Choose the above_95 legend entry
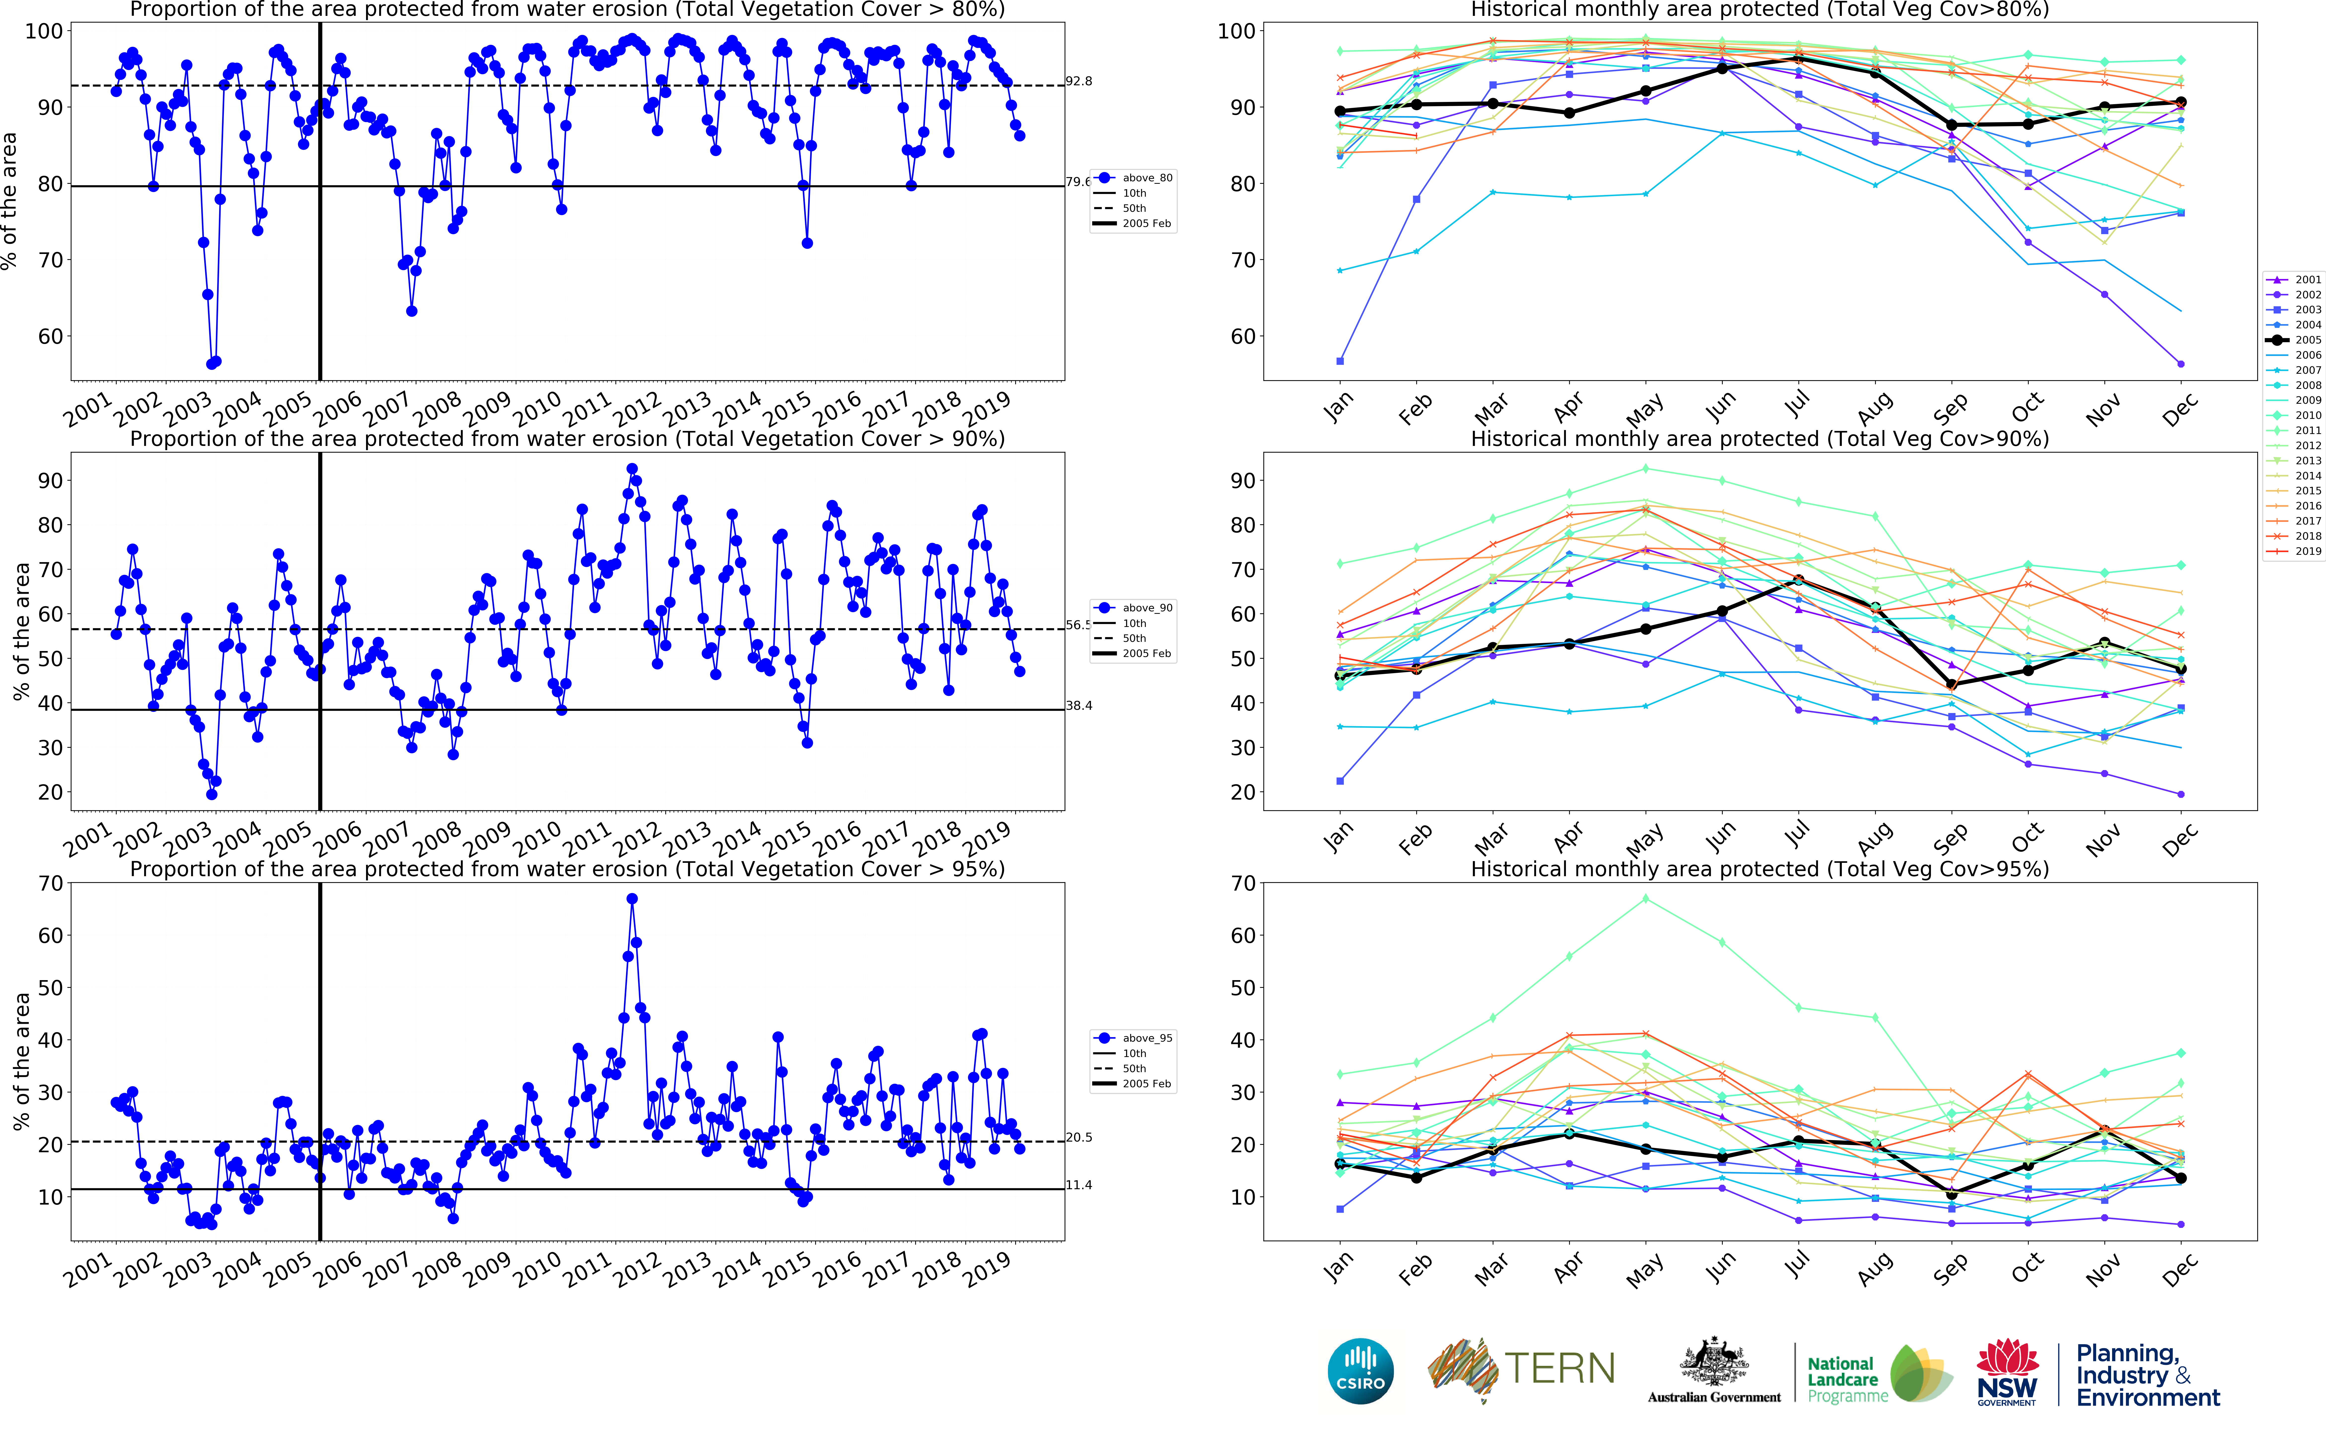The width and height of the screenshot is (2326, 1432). coord(1146,1038)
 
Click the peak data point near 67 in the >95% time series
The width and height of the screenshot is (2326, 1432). coord(632,899)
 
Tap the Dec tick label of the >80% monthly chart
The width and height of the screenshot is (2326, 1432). coord(2179,410)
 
